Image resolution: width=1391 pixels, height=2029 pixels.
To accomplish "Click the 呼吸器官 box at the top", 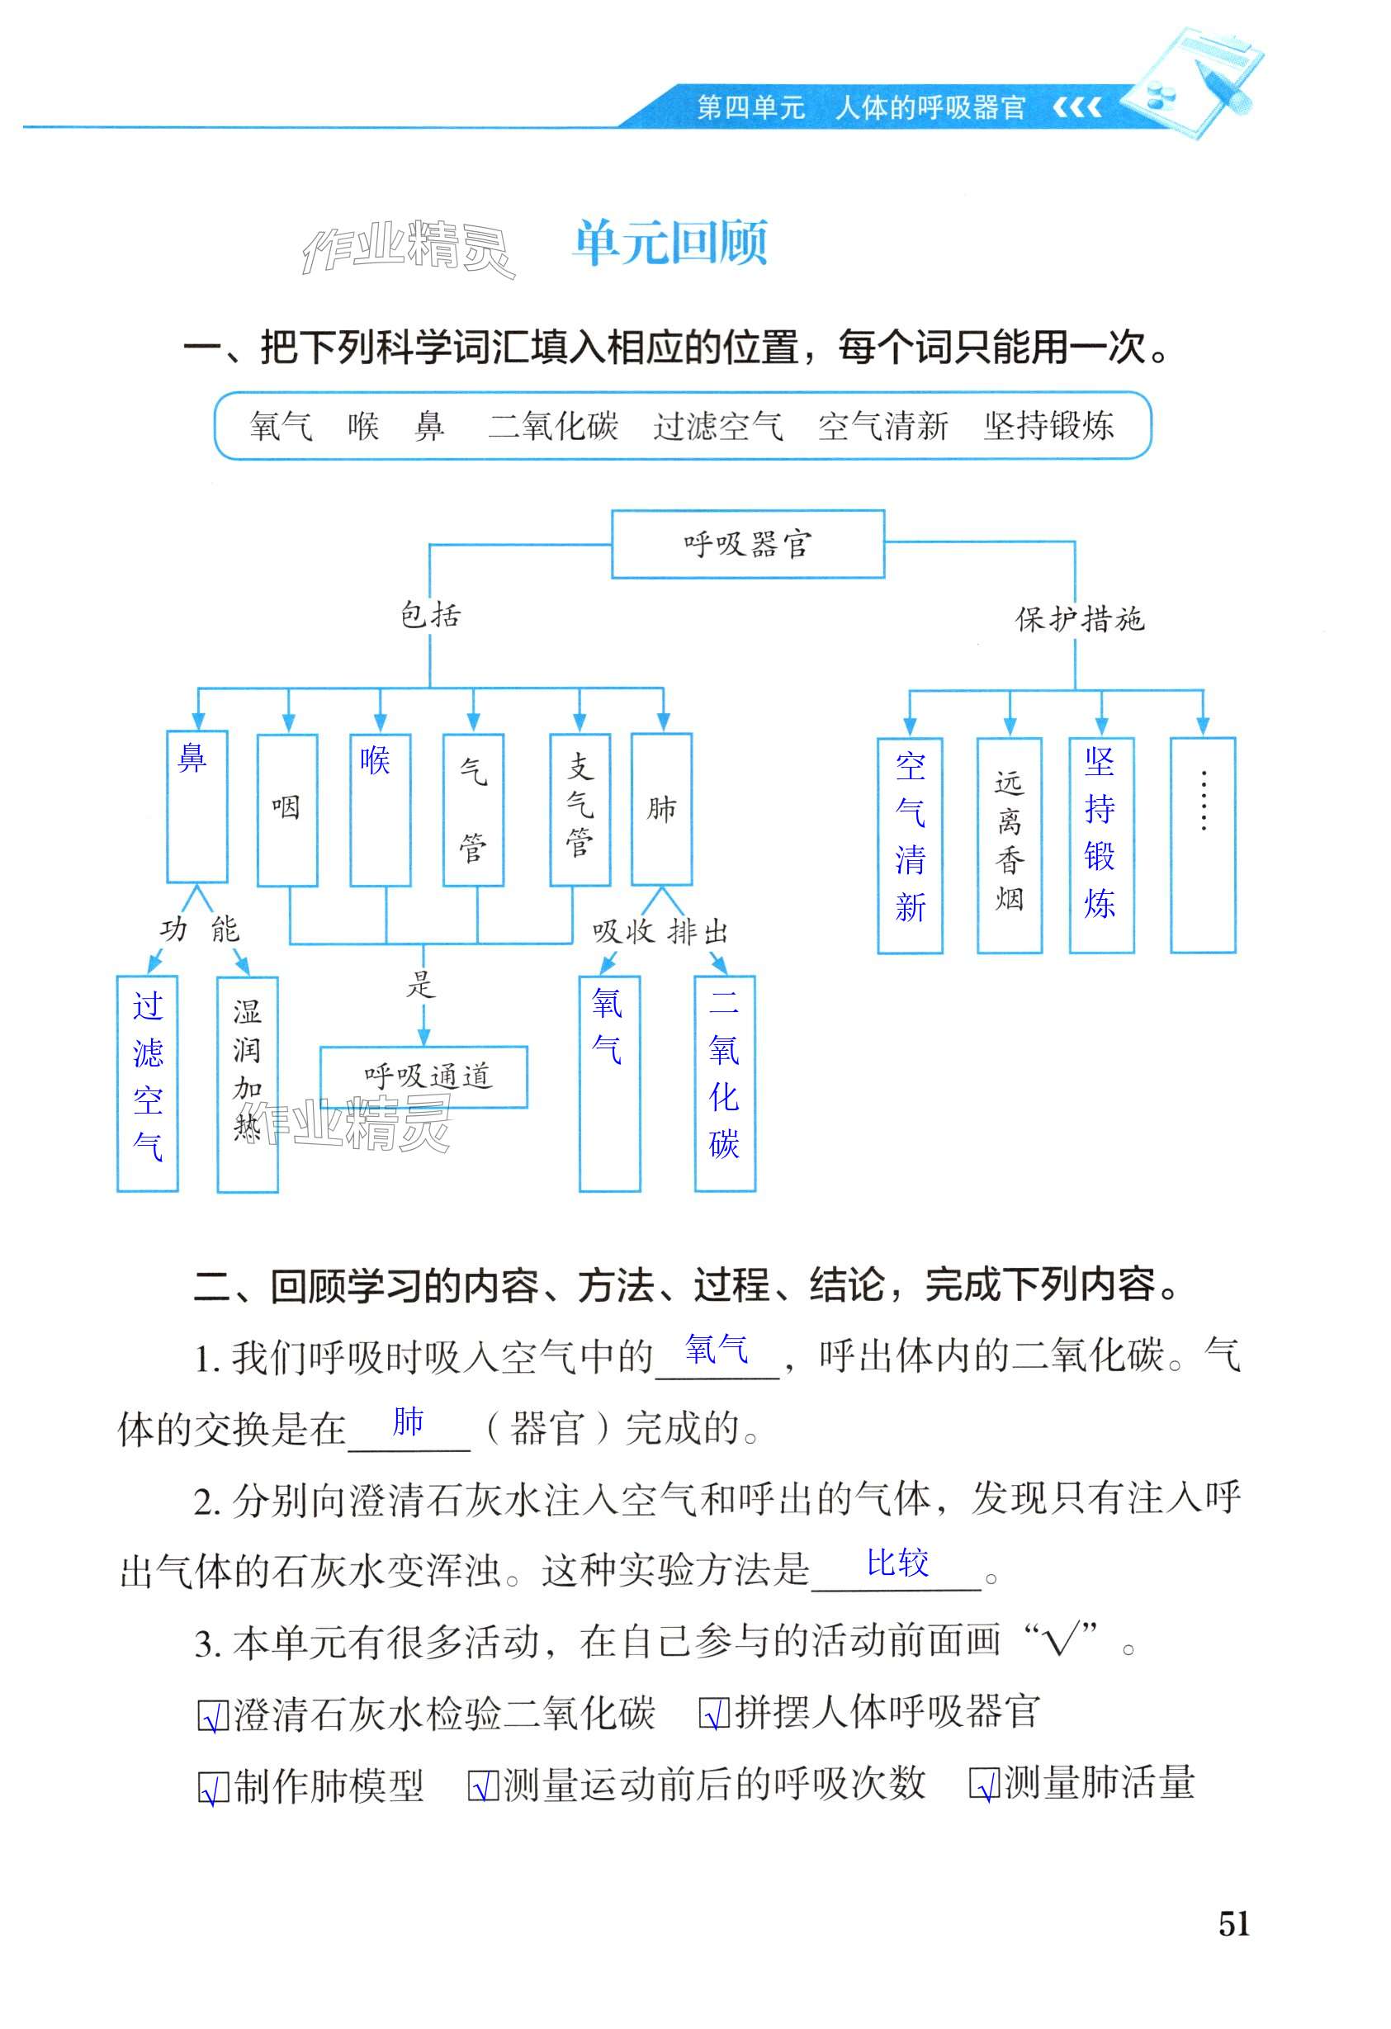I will tap(747, 544).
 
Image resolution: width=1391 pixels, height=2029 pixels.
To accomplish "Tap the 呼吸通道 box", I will tap(423, 1076).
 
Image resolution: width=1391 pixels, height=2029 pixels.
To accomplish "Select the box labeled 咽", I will tap(286, 809).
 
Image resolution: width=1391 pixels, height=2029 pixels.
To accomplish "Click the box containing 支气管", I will tap(579, 809).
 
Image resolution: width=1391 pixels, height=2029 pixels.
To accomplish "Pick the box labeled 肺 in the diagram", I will tap(661, 809).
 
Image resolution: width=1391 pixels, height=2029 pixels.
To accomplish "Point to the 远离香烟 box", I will tap(1009, 844).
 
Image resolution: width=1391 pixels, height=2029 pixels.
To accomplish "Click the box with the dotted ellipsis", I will tap(1203, 844).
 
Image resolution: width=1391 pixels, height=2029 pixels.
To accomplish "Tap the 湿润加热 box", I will tap(247, 1084).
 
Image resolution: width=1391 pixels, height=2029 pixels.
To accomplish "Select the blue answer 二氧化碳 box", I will tap(724, 1084).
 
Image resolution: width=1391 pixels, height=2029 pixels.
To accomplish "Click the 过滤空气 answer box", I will tap(148, 1084).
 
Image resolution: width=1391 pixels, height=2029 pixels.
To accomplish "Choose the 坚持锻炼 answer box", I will tap(1100, 844).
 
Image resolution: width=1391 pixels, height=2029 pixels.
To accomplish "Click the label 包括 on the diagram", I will tap(429, 617).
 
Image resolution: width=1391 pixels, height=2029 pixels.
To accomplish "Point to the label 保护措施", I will tap(1079, 620).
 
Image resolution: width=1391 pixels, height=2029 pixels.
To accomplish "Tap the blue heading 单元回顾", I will tap(669, 243).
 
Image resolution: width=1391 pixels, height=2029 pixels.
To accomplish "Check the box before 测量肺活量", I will tap(984, 1785).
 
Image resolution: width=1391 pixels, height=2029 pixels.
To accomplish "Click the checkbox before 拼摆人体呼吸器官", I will tap(714, 1714).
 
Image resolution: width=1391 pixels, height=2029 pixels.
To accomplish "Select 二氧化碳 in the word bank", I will tap(553, 427).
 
